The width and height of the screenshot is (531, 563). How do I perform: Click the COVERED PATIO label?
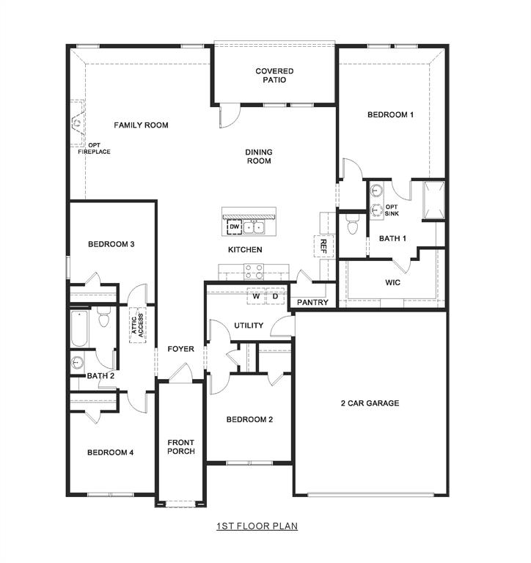(x=274, y=76)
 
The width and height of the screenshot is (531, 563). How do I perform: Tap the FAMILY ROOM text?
(x=141, y=125)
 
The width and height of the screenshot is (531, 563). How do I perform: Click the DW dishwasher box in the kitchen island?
(x=234, y=227)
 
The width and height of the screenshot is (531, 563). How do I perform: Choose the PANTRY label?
(x=312, y=302)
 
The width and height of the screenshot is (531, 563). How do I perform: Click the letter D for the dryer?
(x=276, y=297)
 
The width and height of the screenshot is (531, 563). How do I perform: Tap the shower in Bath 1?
(x=433, y=199)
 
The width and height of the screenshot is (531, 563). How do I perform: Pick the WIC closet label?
(x=392, y=282)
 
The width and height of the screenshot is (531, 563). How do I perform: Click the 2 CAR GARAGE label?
(x=370, y=403)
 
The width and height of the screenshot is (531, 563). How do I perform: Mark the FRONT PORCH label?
(x=180, y=446)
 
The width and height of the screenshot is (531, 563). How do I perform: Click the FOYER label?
(x=180, y=349)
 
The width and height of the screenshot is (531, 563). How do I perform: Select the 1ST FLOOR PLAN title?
(x=257, y=526)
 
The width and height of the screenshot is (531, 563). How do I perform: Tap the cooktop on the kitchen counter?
(x=254, y=273)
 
